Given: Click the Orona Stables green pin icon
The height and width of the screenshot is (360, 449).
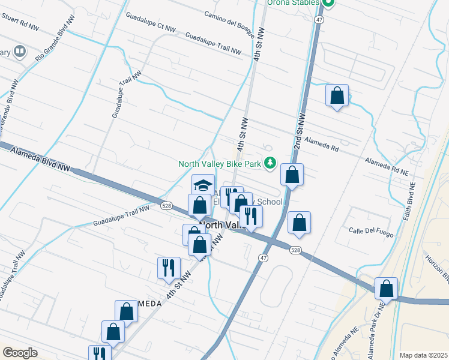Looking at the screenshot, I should tap(328, 3).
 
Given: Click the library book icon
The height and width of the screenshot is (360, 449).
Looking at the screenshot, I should tap(20, 52).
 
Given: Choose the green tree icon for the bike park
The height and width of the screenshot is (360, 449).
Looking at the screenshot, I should tap(271, 163).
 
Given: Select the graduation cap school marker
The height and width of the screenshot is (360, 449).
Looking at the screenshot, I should tap(203, 184).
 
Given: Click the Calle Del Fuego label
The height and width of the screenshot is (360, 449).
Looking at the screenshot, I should tap(370, 230).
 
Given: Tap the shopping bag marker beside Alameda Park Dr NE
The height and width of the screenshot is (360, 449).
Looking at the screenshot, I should tap(387, 289).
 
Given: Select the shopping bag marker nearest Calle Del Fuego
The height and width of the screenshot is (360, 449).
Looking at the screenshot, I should tap(298, 223).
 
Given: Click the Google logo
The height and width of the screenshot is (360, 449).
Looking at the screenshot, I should tap(20, 353).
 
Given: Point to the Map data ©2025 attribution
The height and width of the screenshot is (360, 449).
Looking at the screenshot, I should tap(423, 355).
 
